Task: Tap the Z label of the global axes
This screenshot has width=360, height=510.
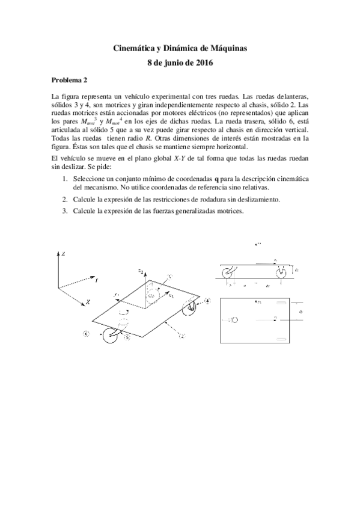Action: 64,255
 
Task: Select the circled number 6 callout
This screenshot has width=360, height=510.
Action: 87,333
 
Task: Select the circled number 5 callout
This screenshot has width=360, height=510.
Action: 127,338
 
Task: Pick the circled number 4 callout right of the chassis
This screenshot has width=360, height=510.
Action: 207,300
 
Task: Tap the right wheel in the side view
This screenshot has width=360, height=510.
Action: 282,272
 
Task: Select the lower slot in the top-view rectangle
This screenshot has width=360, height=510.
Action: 281,340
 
